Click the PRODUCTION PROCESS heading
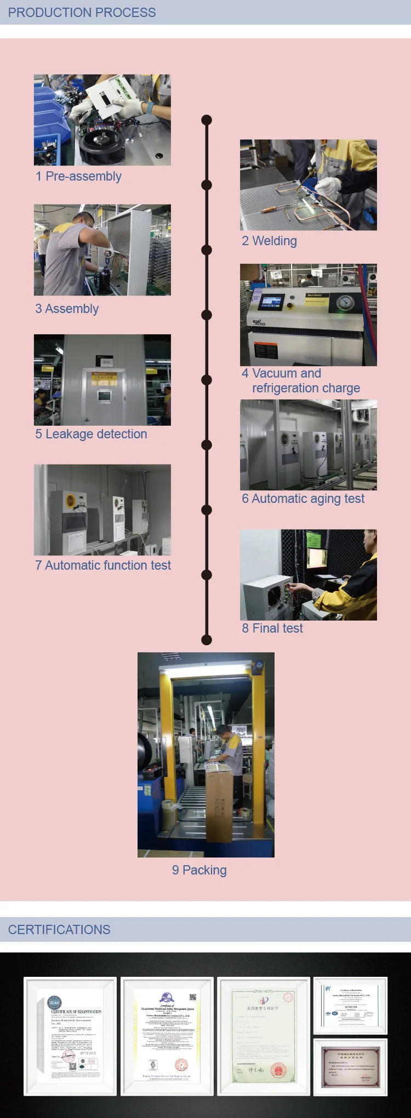(x=82, y=12)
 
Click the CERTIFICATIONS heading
(x=59, y=929)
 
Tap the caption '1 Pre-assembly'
(x=78, y=176)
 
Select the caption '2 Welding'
(x=269, y=241)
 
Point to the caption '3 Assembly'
(x=67, y=309)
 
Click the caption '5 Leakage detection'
(x=91, y=434)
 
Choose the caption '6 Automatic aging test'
(x=303, y=499)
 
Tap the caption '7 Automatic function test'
(x=103, y=565)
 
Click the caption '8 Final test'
(x=272, y=628)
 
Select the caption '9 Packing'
(x=199, y=870)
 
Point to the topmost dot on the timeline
(x=207, y=120)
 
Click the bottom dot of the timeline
(x=207, y=640)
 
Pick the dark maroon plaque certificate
(x=350, y=1068)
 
